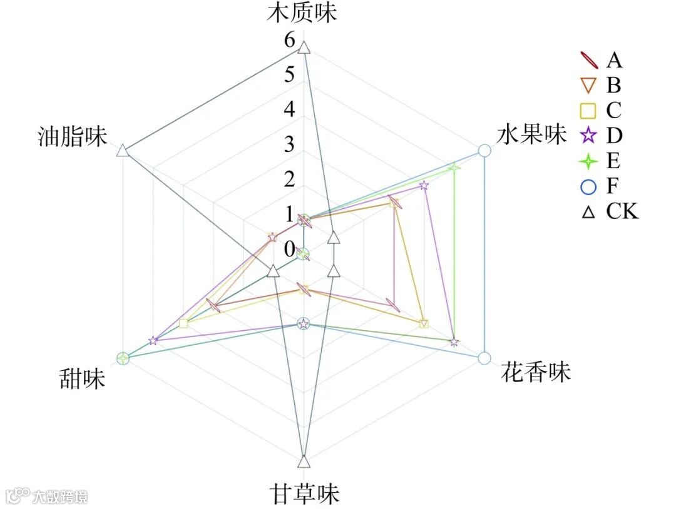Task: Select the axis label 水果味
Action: click(531, 134)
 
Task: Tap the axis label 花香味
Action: click(536, 372)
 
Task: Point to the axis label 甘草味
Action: click(305, 493)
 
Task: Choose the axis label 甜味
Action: click(82, 379)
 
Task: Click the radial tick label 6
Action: click(289, 41)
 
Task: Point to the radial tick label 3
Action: click(289, 144)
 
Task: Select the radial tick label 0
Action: click(289, 249)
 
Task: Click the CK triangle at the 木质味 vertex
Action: click(304, 48)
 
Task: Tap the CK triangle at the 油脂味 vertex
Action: click(123, 150)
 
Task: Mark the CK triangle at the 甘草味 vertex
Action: click(304, 462)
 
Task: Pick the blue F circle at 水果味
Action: click(484, 150)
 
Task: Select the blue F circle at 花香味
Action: click(484, 358)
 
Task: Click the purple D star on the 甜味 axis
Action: click(153, 341)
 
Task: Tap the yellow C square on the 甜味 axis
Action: click(183, 323)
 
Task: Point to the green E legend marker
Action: click(588, 161)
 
